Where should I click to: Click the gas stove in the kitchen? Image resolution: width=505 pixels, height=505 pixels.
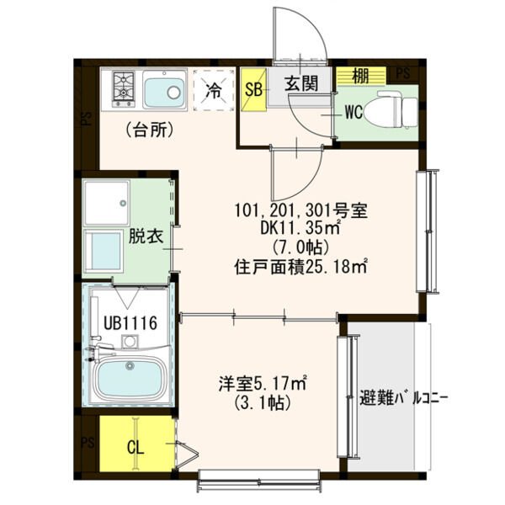(122, 88)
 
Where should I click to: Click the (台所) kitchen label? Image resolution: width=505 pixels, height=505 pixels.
(150, 130)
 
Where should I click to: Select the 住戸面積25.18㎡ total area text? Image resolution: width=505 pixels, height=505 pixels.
(300, 268)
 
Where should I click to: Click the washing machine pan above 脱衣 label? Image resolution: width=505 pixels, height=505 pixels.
(105, 201)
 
